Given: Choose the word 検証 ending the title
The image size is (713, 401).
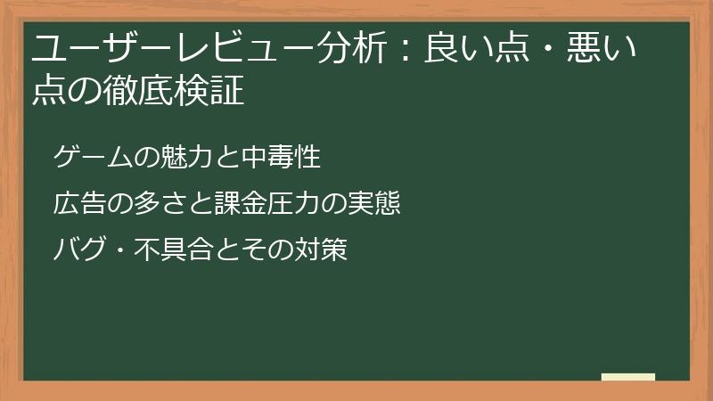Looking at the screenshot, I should (217, 92).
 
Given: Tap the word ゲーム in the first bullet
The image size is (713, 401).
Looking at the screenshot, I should (88, 158).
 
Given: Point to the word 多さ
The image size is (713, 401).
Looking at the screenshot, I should (158, 204).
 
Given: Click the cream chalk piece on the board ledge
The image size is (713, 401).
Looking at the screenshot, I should (628, 376).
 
